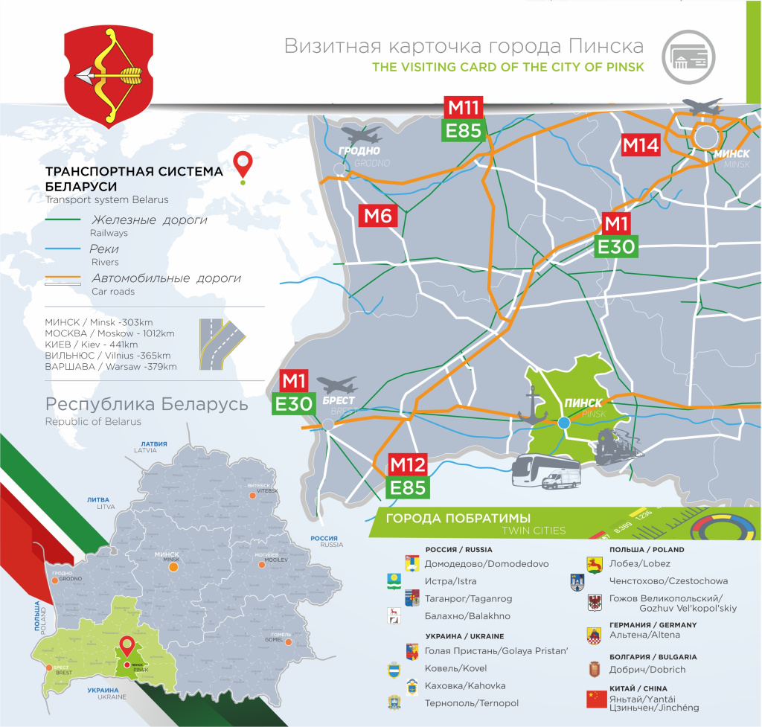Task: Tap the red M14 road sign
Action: point(641,145)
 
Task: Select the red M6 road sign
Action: point(379,216)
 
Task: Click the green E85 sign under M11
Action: point(464,131)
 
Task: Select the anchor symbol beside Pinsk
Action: point(533,409)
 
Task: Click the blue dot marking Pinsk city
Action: point(563,423)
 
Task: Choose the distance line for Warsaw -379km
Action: point(111,367)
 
